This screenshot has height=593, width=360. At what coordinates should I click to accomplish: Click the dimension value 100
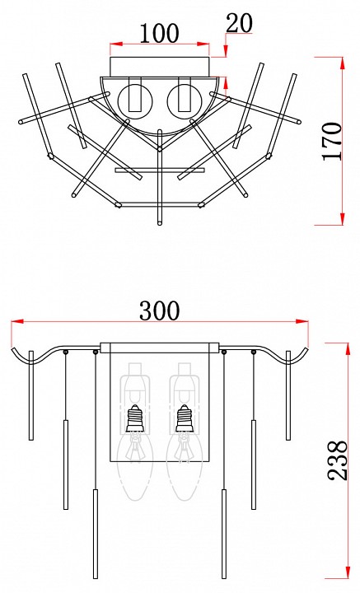click(159, 33)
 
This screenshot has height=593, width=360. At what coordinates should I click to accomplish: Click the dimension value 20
click(239, 23)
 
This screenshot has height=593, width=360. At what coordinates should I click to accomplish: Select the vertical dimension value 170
click(333, 141)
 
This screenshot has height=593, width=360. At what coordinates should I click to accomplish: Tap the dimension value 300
click(159, 311)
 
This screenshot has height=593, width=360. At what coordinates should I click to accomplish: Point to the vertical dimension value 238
click(337, 460)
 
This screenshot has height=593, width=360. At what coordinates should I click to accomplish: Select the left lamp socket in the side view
click(135, 418)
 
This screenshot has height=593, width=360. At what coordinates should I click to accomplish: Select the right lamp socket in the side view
click(185, 418)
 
